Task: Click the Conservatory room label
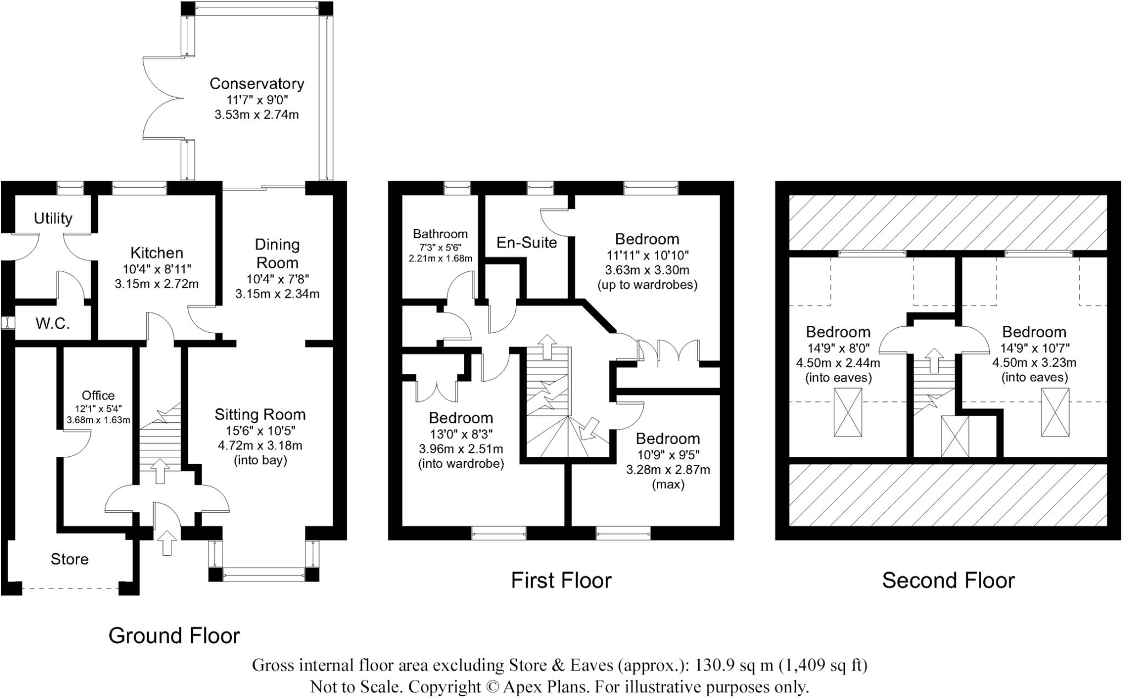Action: click(257, 83)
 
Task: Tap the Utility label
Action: click(53, 218)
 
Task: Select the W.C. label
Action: click(53, 323)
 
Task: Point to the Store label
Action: click(69, 559)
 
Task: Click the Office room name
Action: click(98, 395)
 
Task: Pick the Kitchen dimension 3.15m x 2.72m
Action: click(157, 284)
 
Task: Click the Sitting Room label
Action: click(260, 415)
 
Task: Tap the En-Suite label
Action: click(527, 242)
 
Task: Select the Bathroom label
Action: click(441, 234)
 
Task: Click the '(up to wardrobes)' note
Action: click(647, 284)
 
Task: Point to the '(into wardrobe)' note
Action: click(461, 463)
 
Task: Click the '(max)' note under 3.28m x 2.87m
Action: click(668, 484)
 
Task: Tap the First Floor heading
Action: click(561, 580)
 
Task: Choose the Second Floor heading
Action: click(949, 580)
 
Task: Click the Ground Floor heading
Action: click(174, 635)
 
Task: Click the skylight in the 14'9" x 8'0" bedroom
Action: click(848, 412)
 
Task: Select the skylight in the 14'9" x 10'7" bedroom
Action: click(1055, 412)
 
